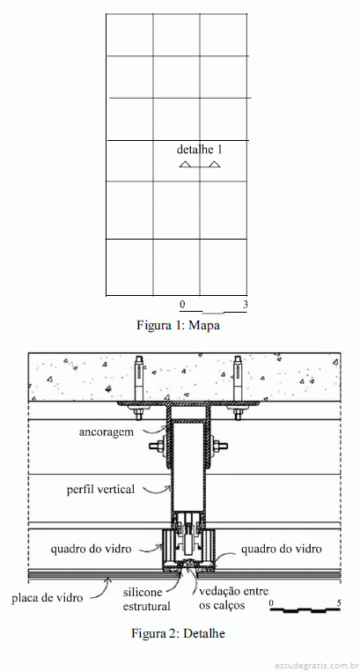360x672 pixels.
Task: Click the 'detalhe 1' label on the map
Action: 200,150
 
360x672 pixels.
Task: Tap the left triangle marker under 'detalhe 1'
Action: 185,164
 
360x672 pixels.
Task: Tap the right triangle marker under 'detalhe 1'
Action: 215,164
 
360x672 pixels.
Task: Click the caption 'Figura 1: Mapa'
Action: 178,325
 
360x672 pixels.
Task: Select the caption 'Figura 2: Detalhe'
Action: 178,633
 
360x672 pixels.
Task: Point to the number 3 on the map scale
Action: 246,304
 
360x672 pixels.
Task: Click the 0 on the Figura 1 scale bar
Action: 182,304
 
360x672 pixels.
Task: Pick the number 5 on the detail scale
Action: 339,603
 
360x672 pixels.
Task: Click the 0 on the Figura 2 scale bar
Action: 271,603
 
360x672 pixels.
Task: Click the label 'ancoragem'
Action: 107,432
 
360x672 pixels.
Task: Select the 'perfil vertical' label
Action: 100,489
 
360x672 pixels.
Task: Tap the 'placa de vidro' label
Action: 47,598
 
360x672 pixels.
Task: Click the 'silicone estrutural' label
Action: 147,599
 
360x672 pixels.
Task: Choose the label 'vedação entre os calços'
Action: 234,598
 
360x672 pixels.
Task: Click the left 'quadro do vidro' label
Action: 91,549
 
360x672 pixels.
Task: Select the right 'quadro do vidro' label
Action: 281,549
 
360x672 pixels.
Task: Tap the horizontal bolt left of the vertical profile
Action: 158,446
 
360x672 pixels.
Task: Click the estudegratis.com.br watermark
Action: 316,666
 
